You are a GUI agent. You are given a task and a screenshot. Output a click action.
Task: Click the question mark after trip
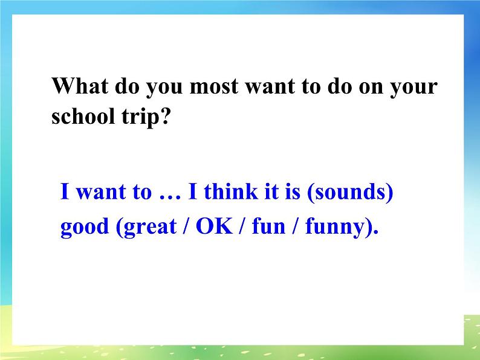click(162, 117)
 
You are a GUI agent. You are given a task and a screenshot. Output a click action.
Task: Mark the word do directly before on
click(340, 86)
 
